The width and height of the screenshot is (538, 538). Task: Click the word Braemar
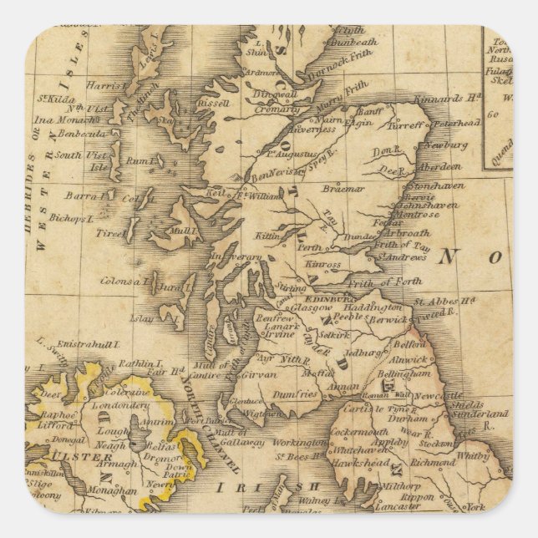[343, 189]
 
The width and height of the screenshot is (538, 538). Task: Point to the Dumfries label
[295, 393]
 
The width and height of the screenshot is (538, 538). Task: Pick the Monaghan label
[111, 492]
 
